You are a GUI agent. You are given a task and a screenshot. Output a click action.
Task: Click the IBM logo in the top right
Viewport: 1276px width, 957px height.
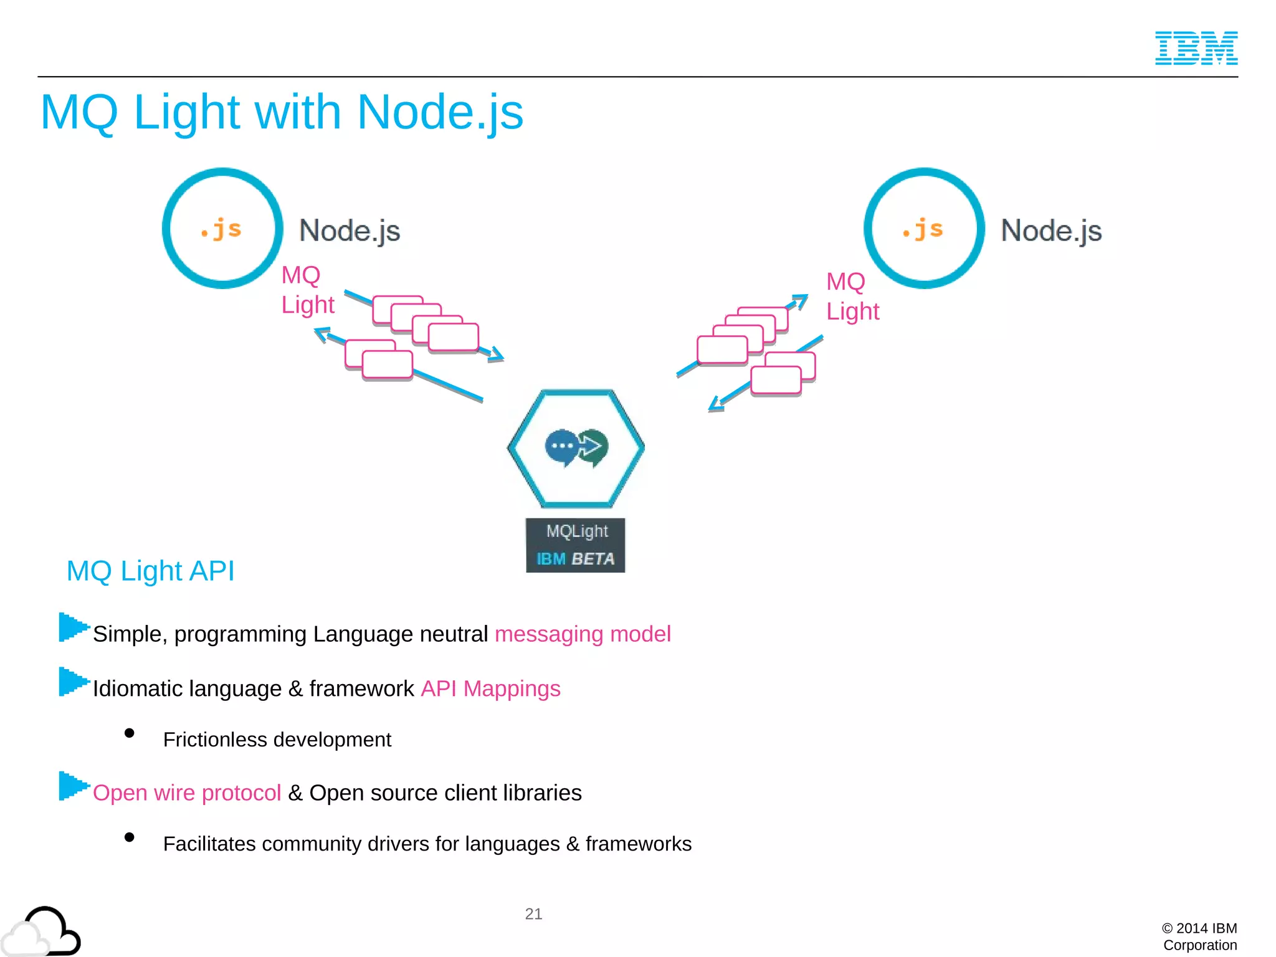pos(1196,48)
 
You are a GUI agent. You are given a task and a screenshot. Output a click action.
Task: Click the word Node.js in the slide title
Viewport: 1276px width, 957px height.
pos(440,113)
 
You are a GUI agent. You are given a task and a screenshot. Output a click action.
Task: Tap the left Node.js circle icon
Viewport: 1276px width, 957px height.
pos(222,228)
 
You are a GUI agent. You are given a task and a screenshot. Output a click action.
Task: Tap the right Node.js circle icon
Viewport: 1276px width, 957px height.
pos(924,228)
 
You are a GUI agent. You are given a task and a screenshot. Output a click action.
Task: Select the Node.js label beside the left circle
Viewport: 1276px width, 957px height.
pos(350,231)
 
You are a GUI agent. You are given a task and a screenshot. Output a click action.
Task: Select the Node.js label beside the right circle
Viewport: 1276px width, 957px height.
pos(1051,231)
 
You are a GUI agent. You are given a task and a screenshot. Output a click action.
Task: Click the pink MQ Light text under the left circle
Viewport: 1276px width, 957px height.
pos(307,290)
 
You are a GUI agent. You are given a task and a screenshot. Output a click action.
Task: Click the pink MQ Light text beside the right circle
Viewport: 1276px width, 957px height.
pos(852,297)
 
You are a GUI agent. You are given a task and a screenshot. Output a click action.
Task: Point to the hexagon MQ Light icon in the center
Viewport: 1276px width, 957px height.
pos(576,448)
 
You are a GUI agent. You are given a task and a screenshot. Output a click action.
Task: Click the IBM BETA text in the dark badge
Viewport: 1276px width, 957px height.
pos(575,559)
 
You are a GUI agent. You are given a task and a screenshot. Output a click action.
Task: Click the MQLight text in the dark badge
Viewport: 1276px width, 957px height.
pos(576,531)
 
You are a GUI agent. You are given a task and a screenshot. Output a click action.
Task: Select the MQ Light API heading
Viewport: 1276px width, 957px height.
pos(150,571)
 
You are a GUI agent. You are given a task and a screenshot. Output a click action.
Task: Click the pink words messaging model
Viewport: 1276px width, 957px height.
pos(583,634)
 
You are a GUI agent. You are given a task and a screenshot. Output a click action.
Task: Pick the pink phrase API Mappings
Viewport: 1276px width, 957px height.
pos(490,688)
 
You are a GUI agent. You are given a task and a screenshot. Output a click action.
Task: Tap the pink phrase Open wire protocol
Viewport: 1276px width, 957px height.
pos(187,793)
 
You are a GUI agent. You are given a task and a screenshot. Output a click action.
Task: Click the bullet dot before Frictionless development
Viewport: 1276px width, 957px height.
pos(130,733)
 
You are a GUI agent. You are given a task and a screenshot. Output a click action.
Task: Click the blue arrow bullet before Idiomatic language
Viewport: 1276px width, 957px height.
pos(73,682)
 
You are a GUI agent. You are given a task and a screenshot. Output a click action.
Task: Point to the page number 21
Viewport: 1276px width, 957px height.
pos(533,914)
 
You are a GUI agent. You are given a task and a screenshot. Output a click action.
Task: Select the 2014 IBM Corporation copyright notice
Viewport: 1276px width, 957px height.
pos(1199,936)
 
